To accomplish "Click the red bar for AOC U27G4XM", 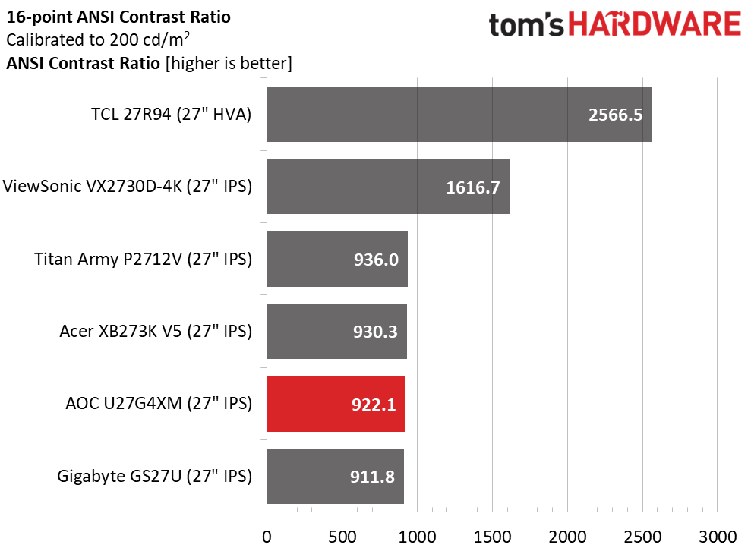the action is [x=336, y=404].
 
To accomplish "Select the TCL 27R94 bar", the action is [x=460, y=114].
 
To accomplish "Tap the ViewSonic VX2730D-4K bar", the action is [x=389, y=186].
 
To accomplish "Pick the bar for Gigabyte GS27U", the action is [x=336, y=476].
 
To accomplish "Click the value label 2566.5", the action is [x=616, y=115].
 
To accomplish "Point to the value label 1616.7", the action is [x=473, y=187].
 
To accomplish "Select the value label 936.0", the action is [x=376, y=260].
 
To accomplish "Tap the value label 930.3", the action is [x=375, y=332].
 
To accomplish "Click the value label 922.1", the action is [x=374, y=405].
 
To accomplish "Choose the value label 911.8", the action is [x=372, y=477].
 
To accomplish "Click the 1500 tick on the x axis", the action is [x=492, y=537].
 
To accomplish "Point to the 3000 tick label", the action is [x=718, y=537].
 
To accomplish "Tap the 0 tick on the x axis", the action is [x=267, y=537].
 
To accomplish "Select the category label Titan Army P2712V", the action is [x=144, y=259].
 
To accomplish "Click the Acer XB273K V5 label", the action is [x=156, y=331].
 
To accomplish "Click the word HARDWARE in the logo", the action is [x=655, y=24].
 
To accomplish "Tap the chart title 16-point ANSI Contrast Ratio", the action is [x=118, y=17].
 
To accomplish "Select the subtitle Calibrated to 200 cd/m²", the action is [x=98, y=39].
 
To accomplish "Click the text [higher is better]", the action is [x=229, y=63].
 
